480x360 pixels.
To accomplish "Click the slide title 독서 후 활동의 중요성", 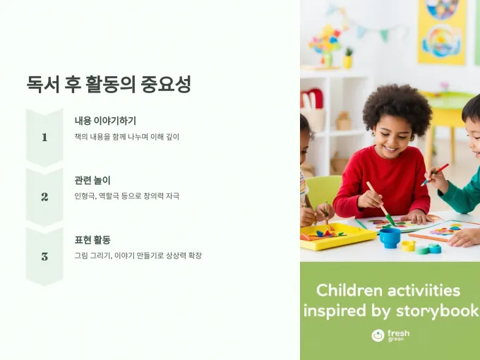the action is tap(109, 84).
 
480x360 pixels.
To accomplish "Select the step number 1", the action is tap(44, 137).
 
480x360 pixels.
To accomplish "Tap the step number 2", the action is tap(44, 196).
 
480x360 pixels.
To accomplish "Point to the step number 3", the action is tap(44, 256).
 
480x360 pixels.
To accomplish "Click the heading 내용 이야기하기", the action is tap(105, 121).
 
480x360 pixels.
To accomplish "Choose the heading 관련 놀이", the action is tap(92, 180).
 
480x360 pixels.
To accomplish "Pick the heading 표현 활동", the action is tap(92, 240).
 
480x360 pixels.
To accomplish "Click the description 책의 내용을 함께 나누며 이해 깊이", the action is tap(127, 136).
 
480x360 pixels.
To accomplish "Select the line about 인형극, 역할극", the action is tap(127, 196).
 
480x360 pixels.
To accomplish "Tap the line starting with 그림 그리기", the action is tap(138, 256).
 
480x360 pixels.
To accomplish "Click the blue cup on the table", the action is tap(390, 238).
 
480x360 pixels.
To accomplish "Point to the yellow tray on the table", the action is tap(337, 236).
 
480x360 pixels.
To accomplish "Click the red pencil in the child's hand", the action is tap(435, 175).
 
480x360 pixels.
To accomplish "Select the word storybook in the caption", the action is tap(438, 311).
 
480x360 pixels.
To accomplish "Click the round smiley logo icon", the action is tap(378, 335).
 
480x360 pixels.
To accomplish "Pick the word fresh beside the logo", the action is tap(398, 333).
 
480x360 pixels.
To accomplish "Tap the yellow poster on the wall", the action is tap(442, 32).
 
